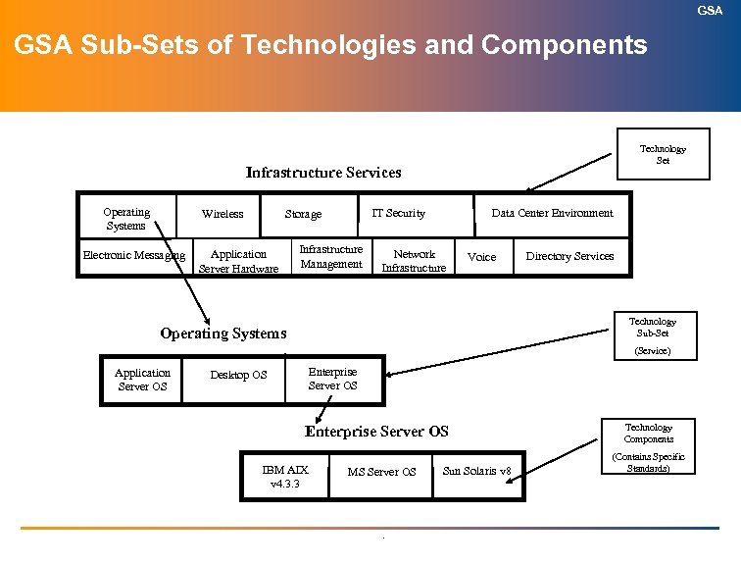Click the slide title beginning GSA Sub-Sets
[330, 45]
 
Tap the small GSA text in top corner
[710, 10]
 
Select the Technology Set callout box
[663, 154]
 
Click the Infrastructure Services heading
[322, 173]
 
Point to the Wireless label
[222, 214]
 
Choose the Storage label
[303, 214]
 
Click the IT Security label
[399, 213]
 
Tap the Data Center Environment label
[552, 213]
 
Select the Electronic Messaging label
[133, 256]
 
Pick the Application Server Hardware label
[238, 261]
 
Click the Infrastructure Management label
[331, 256]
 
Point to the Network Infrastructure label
[414, 261]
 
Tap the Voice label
[482, 257]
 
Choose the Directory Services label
[569, 256]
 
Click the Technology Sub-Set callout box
[652, 334]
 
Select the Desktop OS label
[238, 375]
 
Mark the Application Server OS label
[142, 380]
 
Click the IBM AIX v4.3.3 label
[285, 477]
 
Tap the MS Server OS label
[381, 472]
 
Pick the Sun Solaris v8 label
[477, 471]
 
